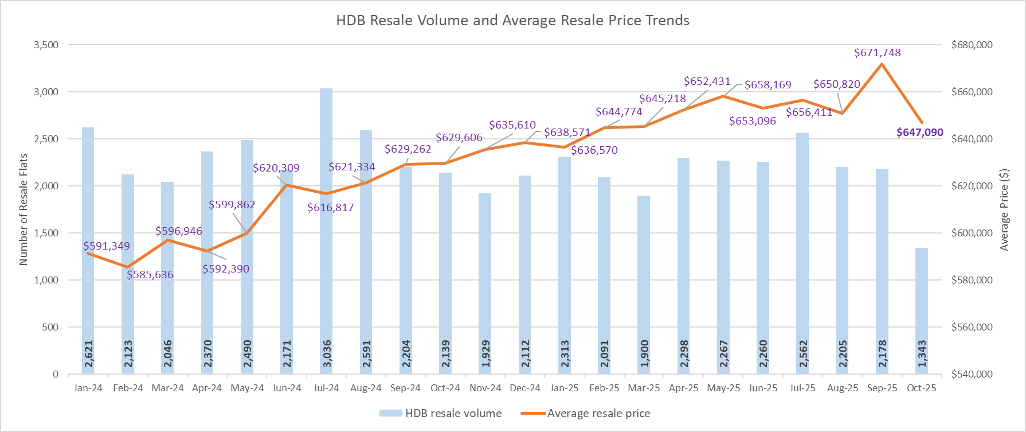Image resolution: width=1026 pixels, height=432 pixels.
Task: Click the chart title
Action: (512, 21)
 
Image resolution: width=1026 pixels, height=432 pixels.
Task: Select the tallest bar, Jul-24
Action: (326, 229)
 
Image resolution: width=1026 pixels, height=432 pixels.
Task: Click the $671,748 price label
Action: (877, 53)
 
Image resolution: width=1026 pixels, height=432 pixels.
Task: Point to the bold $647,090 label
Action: (919, 133)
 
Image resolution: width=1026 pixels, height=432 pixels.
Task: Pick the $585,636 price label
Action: (150, 275)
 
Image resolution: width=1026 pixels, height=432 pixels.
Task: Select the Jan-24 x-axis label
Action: (88, 388)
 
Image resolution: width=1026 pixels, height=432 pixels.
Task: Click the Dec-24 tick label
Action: (524, 388)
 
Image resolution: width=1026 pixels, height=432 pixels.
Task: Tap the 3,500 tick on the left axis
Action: (46, 45)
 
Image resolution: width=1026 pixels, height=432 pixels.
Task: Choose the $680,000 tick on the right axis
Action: (972, 45)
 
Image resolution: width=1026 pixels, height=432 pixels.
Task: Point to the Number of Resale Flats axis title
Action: (24, 209)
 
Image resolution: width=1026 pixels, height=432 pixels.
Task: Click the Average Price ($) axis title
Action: (1004, 209)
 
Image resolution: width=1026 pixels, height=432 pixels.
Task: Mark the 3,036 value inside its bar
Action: (327, 353)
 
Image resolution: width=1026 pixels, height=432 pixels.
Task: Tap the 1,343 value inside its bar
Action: (922, 353)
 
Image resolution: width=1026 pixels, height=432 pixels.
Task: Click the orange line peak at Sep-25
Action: (882, 64)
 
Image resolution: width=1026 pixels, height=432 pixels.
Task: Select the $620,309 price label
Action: (276, 168)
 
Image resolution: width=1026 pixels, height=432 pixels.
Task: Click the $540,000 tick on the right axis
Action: (972, 374)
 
